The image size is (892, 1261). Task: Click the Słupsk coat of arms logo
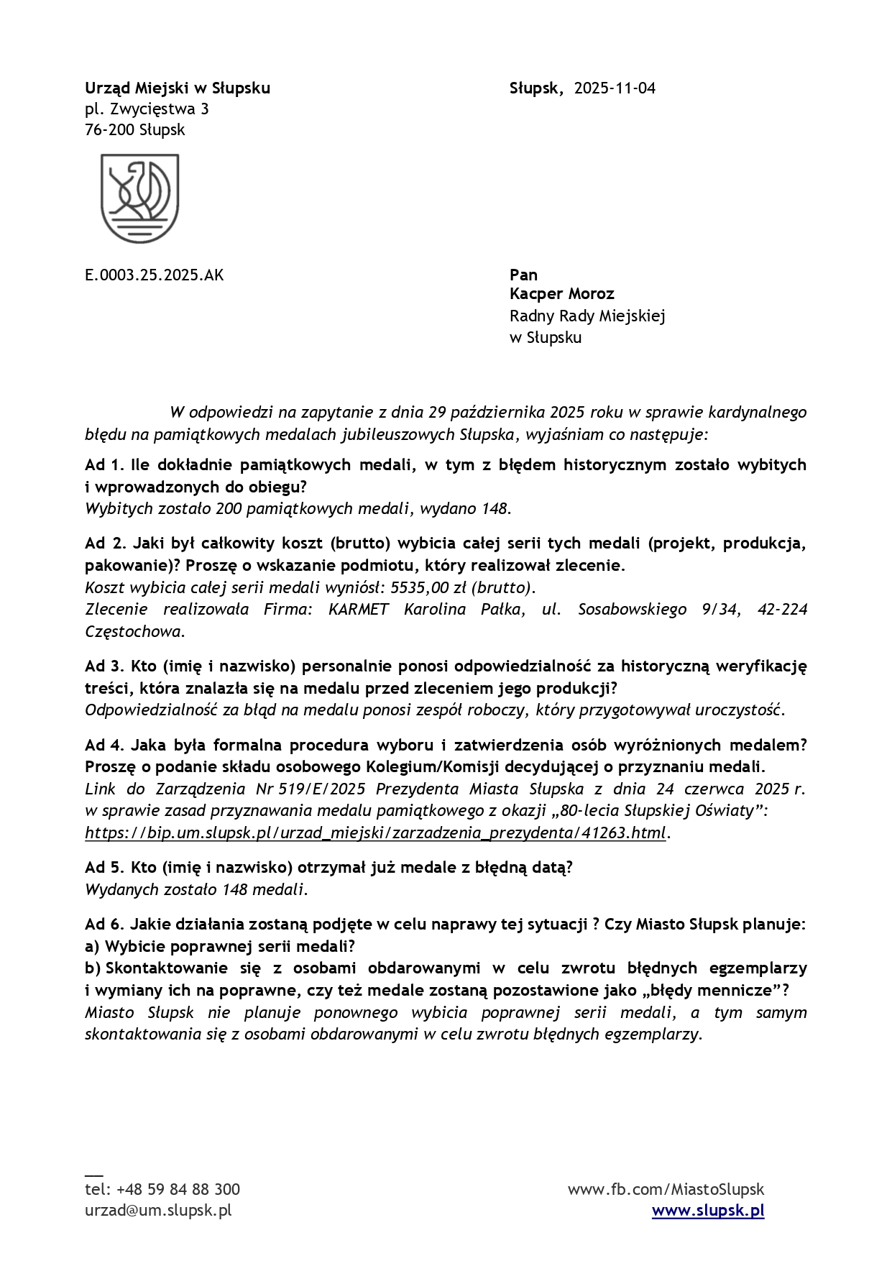click(139, 198)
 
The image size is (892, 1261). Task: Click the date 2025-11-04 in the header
click(615, 88)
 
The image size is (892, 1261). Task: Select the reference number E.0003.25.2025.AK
click(154, 275)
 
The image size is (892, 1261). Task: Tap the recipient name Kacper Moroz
click(561, 294)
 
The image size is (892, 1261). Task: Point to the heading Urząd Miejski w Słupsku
click(178, 88)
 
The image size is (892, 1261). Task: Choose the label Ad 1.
click(104, 465)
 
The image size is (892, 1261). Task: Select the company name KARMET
click(358, 610)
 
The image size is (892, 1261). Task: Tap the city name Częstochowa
click(133, 632)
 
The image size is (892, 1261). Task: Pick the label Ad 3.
click(104, 666)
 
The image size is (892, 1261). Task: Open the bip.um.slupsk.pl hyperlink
click(375, 833)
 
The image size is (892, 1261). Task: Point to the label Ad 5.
click(104, 868)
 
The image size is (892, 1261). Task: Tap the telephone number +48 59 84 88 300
click(178, 1189)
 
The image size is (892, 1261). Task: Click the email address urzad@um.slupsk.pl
click(158, 1211)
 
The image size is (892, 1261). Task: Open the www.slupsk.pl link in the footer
click(707, 1211)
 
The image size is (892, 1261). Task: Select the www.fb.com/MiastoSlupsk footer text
click(666, 1189)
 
